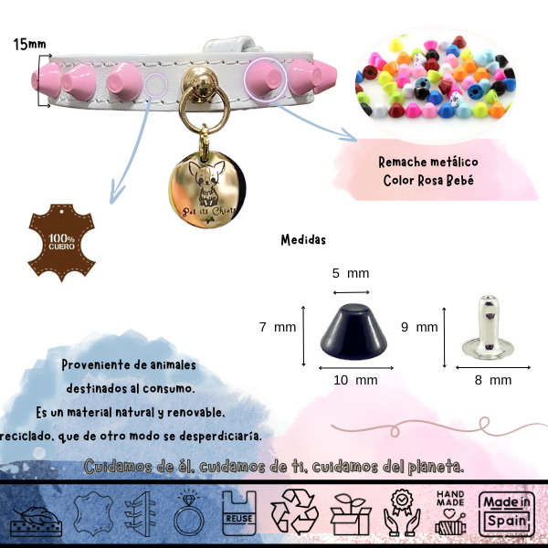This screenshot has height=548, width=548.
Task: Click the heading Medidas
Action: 303,241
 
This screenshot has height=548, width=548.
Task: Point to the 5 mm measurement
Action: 350,273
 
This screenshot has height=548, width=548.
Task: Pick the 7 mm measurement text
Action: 279,326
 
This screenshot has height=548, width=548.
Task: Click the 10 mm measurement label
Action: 354,379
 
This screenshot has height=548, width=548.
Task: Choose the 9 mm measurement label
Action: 420,326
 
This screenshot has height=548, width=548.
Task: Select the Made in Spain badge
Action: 508,512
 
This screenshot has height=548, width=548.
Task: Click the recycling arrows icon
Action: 296,511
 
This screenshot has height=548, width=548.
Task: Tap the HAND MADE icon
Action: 451,512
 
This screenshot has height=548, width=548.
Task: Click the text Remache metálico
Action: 428,162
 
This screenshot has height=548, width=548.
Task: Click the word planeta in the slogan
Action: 432,466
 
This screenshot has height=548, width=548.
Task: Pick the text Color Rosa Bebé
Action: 428,180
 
